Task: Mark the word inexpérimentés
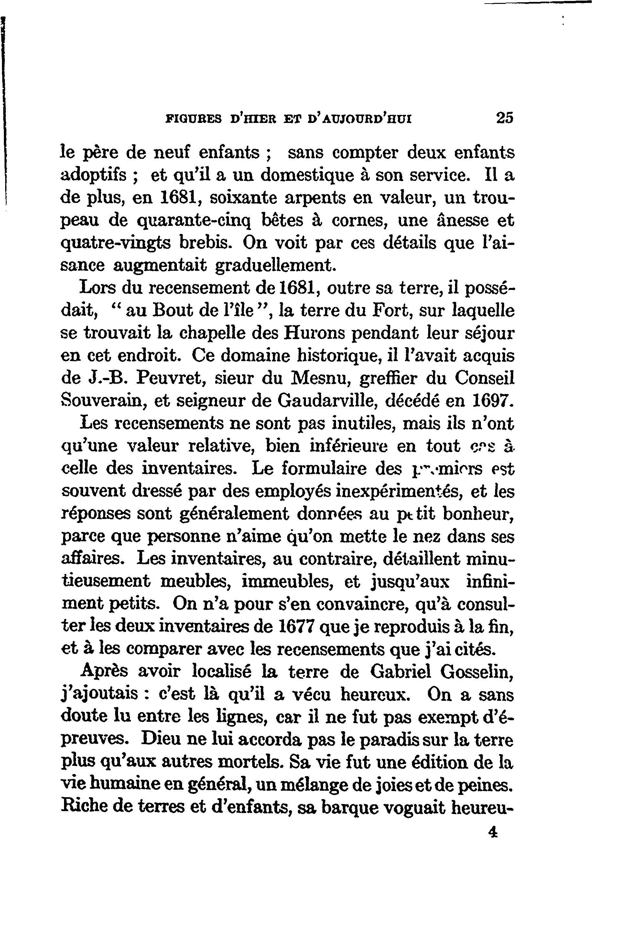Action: [399, 492]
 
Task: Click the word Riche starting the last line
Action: [84, 808]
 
